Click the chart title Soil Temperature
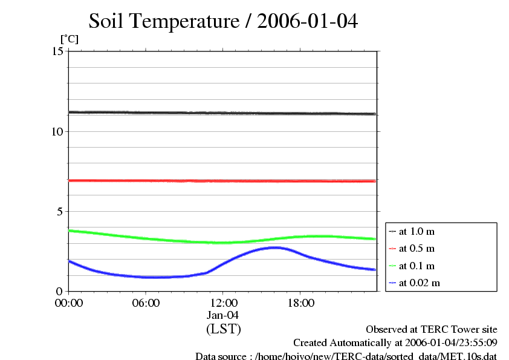[x=223, y=22]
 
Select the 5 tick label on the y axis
[x=60, y=212]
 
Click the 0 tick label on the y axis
[x=60, y=291]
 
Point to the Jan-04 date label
[x=223, y=315]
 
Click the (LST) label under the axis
[x=223, y=329]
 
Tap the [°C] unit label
[x=69, y=39]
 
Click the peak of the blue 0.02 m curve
[x=276, y=247]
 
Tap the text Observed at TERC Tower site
[x=432, y=330]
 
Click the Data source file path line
[x=346, y=356]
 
